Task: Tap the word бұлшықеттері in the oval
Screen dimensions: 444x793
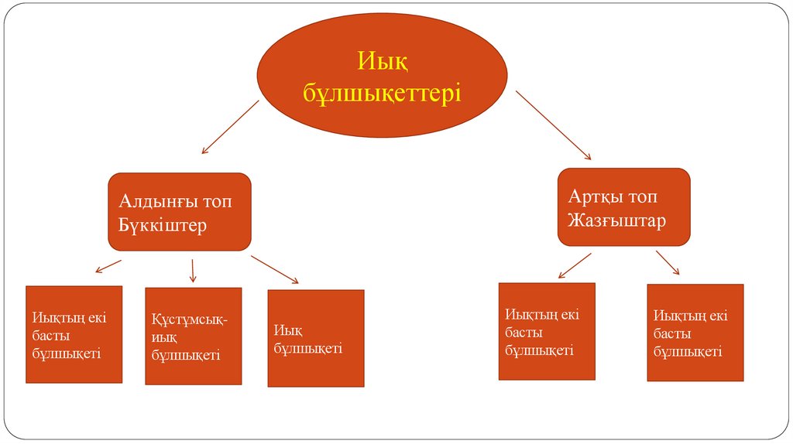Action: [382, 94]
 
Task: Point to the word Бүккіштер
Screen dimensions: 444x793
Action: [163, 227]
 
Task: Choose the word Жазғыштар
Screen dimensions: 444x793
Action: [616, 220]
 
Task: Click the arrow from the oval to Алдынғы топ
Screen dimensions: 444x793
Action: [229, 127]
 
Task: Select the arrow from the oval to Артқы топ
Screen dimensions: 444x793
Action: [554, 125]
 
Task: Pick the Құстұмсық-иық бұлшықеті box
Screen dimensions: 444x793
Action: [193, 336]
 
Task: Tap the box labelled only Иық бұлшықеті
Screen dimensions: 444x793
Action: [315, 338]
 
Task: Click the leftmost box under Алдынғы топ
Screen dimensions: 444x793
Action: [74, 334]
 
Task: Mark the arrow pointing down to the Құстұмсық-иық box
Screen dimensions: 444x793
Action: [193, 270]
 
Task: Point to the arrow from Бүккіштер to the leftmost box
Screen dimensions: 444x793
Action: [108, 266]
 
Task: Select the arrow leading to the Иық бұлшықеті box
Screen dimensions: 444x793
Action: [275, 269]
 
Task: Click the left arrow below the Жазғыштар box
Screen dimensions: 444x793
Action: [574, 264]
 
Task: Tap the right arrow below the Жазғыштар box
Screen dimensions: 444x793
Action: [668, 262]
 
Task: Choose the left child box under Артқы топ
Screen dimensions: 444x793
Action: [547, 331]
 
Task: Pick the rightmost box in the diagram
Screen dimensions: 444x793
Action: [695, 333]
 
